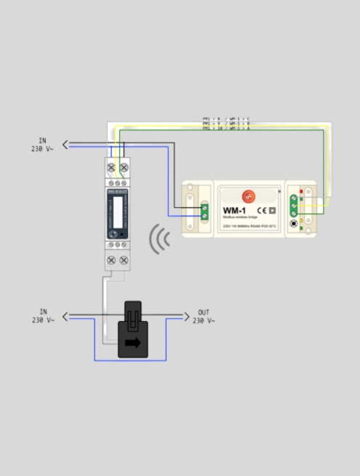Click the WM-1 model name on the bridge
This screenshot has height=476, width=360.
pos(231,211)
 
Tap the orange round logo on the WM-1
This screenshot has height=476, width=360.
pos(249,196)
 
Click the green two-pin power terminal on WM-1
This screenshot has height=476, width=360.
pos(205,211)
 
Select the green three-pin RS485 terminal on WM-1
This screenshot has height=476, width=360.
pos(294,205)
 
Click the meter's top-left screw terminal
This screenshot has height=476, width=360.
pos(111,167)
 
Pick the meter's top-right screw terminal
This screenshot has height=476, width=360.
pos(124,167)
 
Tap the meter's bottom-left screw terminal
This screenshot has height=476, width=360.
pos(111,259)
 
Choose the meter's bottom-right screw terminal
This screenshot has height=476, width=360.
pos(124,259)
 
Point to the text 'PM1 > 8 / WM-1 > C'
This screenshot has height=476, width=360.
pos(225,118)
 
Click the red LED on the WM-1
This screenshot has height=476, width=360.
pos(301,190)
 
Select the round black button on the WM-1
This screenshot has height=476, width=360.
pos(294,224)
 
